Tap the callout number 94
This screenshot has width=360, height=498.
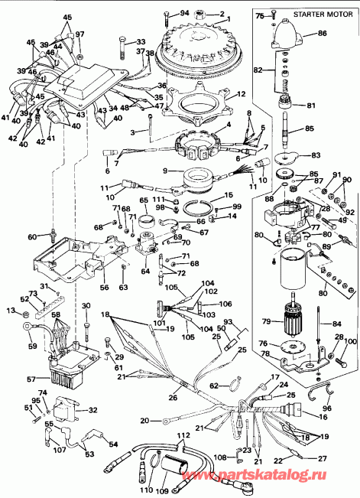pos(184,14)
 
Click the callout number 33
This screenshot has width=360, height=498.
pos(140,41)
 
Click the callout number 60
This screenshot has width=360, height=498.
pos(31,238)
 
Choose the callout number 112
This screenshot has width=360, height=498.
pos(182,435)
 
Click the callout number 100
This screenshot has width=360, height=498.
pos(350,341)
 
